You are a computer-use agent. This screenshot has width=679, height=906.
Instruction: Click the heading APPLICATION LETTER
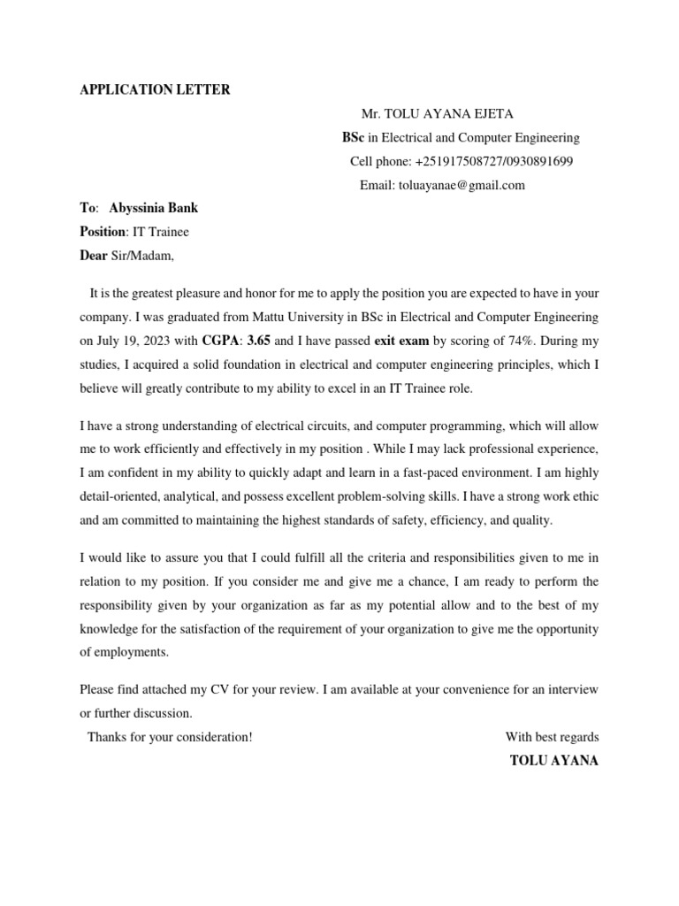[155, 90]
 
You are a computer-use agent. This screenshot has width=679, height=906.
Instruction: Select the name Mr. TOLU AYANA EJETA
[437, 114]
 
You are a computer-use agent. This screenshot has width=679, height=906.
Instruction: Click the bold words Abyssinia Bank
[154, 209]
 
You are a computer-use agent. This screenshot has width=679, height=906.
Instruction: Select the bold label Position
[103, 233]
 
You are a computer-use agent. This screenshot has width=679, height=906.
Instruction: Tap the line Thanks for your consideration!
[170, 737]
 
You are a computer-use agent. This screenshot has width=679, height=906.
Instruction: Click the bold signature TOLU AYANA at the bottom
[554, 760]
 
